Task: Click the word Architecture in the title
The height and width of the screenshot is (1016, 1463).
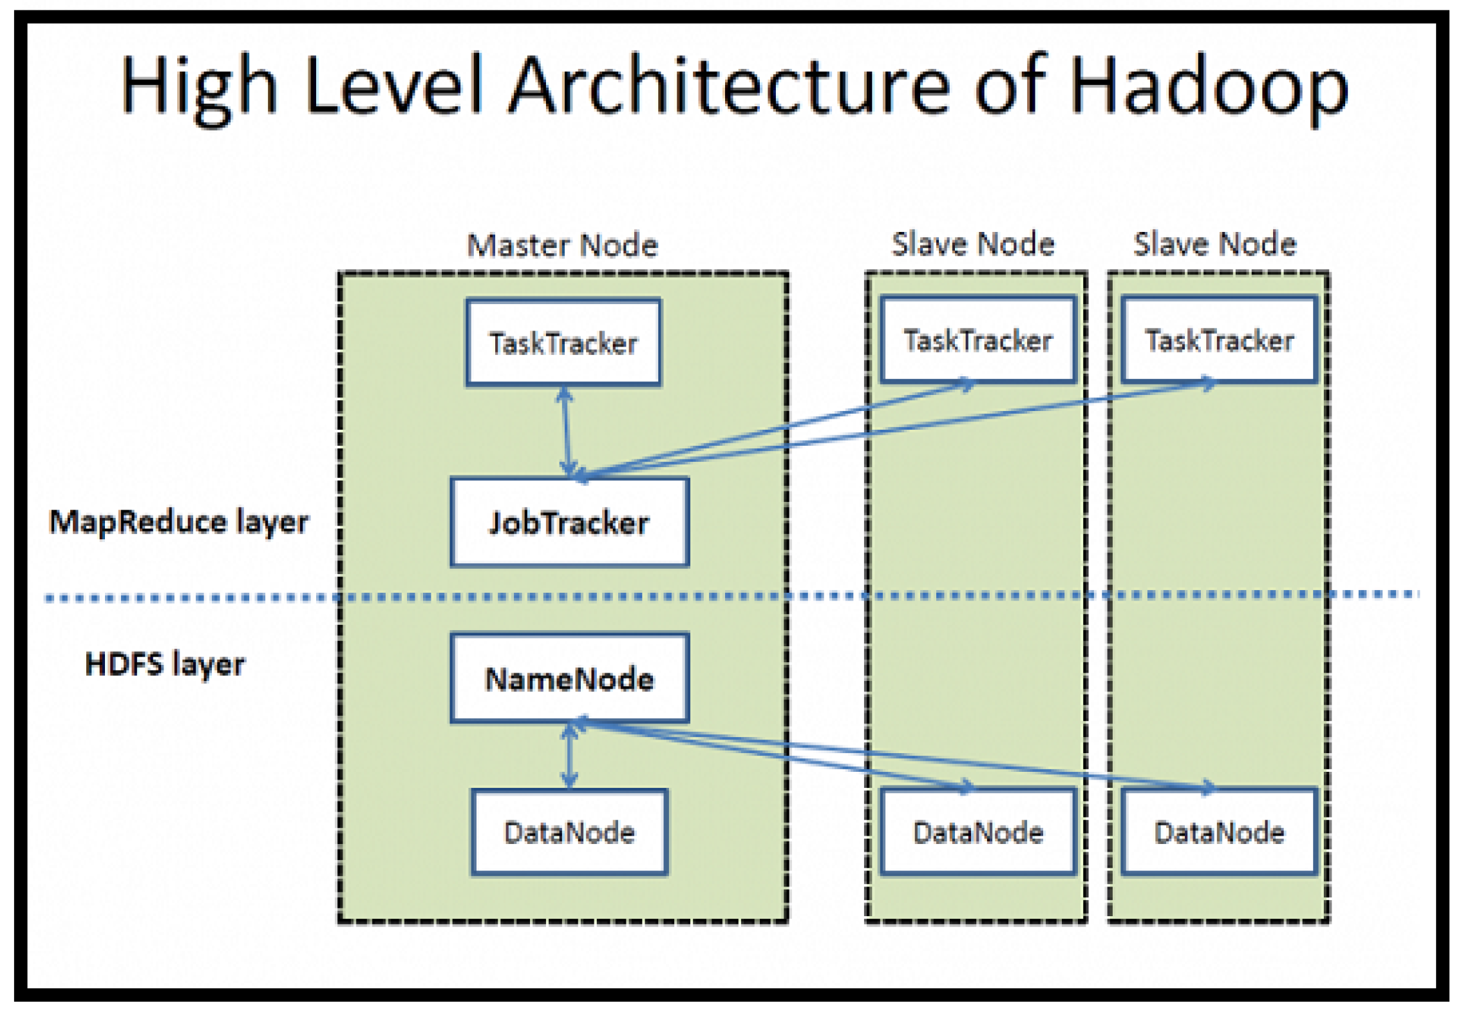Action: tap(730, 86)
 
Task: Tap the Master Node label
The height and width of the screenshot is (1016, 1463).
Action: tap(562, 245)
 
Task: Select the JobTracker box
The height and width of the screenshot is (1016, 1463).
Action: tap(569, 522)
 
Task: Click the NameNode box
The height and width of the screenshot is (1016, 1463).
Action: tap(569, 678)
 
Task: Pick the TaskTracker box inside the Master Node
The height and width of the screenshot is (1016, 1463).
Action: tap(563, 342)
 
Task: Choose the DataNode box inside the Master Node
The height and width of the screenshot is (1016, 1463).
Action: tap(569, 832)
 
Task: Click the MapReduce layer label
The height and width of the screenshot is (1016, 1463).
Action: tap(179, 522)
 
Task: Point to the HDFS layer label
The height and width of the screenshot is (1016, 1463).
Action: tap(165, 664)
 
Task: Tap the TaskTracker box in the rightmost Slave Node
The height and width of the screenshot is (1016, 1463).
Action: tap(1219, 340)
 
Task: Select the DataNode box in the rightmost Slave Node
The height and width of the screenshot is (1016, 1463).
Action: tap(1219, 832)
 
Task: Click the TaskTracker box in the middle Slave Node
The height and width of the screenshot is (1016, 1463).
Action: tap(977, 340)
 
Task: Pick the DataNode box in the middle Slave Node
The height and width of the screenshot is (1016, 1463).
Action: tap(977, 832)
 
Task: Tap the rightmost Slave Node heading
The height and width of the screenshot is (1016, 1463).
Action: tap(1214, 244)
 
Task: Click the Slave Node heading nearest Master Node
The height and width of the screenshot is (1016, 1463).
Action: tap(973, 244)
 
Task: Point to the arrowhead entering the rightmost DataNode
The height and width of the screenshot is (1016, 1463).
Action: tap(1208, 787)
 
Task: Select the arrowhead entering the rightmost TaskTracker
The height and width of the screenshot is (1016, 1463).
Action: tap(1209, 385)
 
